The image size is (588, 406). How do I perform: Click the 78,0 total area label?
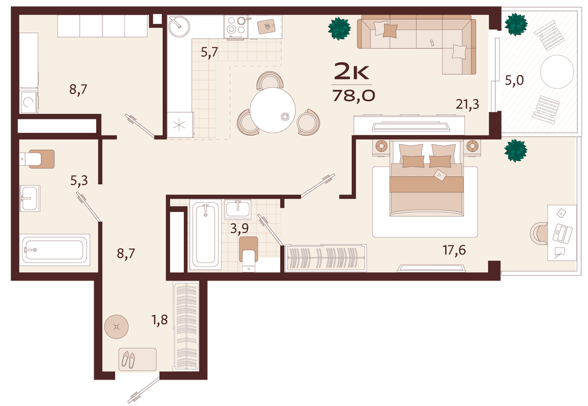354,96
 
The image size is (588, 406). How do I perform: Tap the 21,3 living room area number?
467,104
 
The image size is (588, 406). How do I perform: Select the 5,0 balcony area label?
514,80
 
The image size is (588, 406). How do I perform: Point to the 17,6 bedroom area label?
454,250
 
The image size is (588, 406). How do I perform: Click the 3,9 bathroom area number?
240,228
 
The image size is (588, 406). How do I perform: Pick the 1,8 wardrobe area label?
160,320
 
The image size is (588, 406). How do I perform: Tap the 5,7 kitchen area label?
210,52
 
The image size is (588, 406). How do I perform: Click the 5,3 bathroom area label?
79,181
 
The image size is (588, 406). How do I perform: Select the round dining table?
273,110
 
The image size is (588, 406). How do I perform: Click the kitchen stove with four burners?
236,27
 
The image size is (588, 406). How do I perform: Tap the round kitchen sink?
179,26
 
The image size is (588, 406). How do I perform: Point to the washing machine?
29,102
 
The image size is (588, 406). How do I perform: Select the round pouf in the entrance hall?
116,327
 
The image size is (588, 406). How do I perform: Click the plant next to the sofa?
339,28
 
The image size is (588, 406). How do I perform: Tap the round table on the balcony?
557,72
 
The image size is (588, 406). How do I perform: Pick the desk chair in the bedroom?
539,233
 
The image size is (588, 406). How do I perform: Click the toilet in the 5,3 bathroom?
38,159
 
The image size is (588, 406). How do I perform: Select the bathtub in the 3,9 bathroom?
205,235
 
